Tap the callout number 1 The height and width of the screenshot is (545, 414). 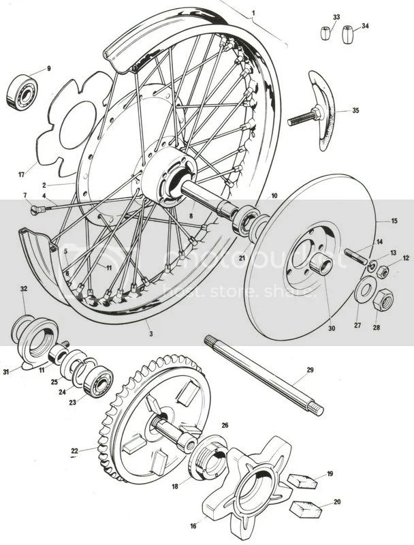253,12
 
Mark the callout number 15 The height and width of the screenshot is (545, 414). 393,221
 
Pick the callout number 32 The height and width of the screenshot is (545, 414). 24,289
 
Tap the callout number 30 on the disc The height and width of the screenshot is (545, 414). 313,328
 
